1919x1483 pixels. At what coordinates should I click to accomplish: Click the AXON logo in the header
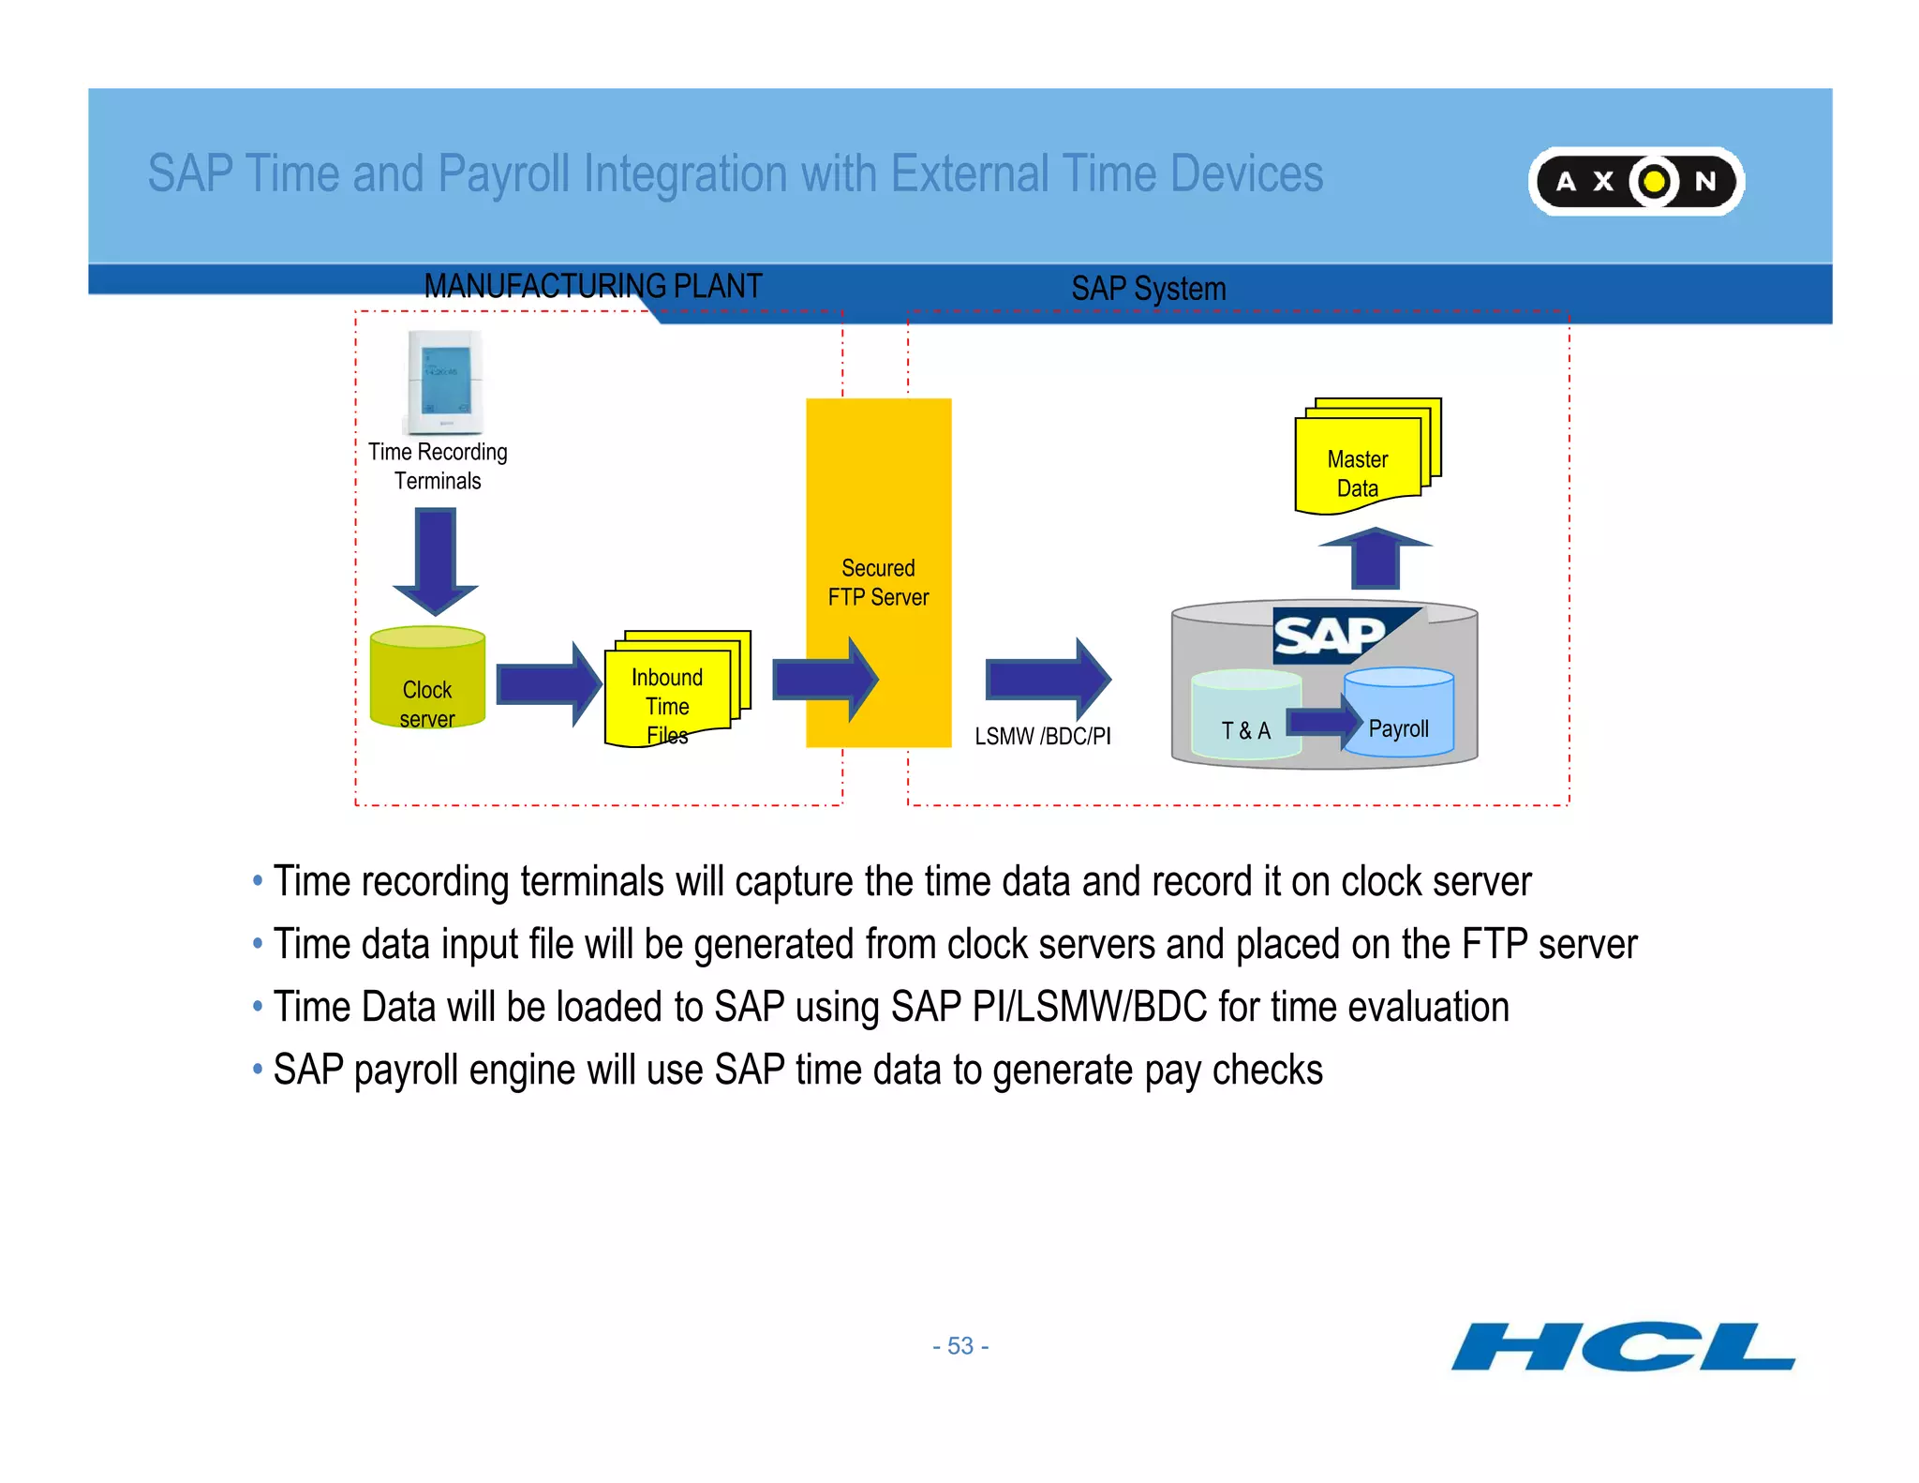tap(1635, 181)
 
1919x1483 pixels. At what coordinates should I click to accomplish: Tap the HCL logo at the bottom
tap(1622, 1347)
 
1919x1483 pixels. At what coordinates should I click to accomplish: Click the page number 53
tap(960, 1346)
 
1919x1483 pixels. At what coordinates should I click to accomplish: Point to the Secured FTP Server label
tap(878, 582)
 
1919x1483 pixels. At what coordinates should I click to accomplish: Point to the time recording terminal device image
tap(444, 382)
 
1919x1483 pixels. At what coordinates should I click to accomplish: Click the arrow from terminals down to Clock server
tap(436, 560)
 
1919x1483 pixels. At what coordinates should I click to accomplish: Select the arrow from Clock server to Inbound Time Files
tap(547, 684)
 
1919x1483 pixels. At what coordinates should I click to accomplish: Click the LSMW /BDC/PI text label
tap(1042, 736)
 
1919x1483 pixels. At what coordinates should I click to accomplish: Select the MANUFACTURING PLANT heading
tap(592, 286)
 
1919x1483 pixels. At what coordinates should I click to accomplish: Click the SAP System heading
tap(1148, 289)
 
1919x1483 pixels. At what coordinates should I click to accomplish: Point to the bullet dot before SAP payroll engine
tap(258, 1069)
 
